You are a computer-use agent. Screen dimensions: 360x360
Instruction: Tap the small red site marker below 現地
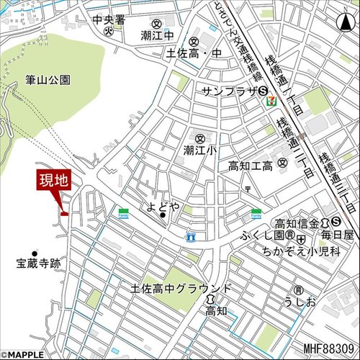[64, 213]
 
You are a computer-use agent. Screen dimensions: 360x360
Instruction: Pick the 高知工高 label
[252, 166]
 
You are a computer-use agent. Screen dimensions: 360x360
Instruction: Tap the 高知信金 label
[297, 222]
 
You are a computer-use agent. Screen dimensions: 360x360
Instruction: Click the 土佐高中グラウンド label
[181, 288]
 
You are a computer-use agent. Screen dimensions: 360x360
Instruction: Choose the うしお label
[300, 301]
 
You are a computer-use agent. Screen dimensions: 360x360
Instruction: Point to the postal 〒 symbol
[247, 188]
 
